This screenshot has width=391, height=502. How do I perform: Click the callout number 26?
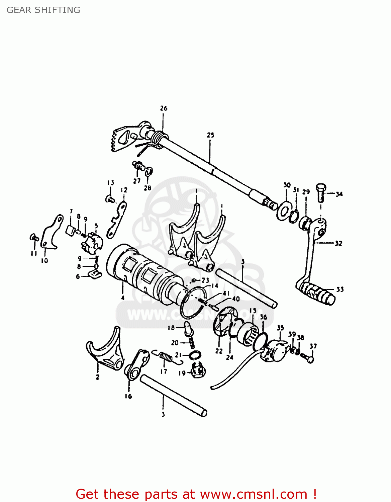(x=164, y=108)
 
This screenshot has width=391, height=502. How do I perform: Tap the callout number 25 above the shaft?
(x=210, y=135)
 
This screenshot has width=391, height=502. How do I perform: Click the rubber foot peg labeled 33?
(x=316, y=293)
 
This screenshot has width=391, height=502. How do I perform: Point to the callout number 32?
(x=338, y=243)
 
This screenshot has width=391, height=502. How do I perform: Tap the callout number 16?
(x=128, y=396)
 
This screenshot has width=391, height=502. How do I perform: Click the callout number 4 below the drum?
(x=123, y=298)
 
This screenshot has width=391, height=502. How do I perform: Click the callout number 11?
(x=34, y=254)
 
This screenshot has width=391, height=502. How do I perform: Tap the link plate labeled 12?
(x=117, y=219)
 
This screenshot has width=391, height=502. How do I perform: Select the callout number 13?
(x=111, y=183)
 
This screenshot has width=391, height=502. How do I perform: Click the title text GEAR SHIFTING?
(x=43, y=10)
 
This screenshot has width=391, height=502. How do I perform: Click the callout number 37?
(x=313, y=346)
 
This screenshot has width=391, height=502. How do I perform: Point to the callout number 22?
(x=219, y=351)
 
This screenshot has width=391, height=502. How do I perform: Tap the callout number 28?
(x=148, y=188)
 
